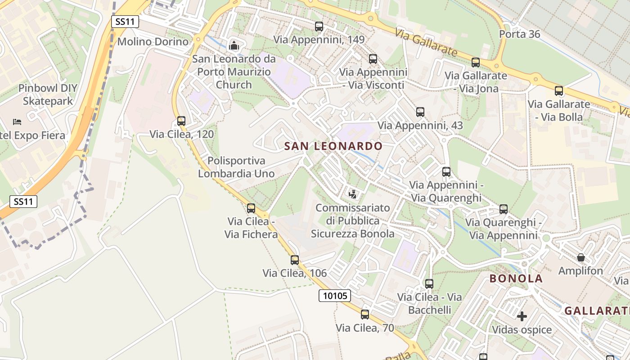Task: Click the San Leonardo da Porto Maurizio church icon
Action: point(234,45)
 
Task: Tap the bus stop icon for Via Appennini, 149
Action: point(319,27)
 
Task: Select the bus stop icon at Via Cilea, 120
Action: point(181,121)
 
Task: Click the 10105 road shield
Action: point(335,296)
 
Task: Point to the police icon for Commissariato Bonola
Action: point(353,194)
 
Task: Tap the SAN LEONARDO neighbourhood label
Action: point(333,146)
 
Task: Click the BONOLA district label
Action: point(516,279)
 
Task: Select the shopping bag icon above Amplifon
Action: point(581,257)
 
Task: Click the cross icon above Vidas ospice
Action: point(522,316)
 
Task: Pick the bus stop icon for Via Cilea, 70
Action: point(365,315)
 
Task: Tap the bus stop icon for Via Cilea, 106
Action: point(295,260)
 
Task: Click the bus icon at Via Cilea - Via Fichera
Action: point(251,208)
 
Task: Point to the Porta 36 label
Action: point(520,34)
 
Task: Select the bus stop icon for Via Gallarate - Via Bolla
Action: point(559,91)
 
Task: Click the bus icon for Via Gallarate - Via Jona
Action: point(476,63)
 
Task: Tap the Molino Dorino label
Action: point(153,42)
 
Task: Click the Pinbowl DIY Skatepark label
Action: point(47,94)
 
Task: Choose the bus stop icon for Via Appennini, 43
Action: point(420,112)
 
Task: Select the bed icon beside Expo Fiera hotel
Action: point(17,122)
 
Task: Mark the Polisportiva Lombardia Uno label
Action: point(236,167)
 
